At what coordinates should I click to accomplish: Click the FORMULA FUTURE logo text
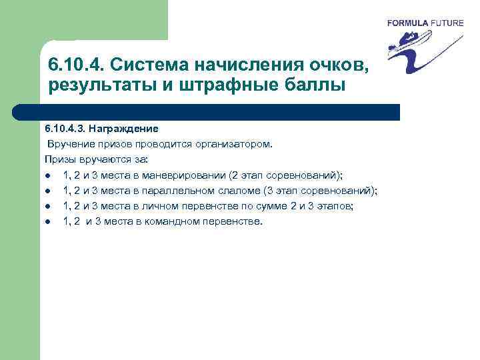(425, 23)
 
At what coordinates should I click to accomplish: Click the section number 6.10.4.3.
(64, 127)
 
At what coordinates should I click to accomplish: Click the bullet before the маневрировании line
(49, 176)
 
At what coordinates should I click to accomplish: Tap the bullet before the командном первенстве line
(49, 222)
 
